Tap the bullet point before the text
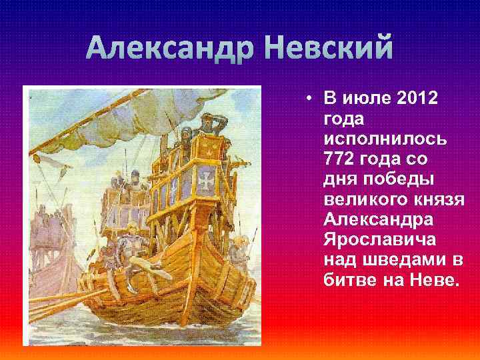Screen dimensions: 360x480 click(x=310, y=99)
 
